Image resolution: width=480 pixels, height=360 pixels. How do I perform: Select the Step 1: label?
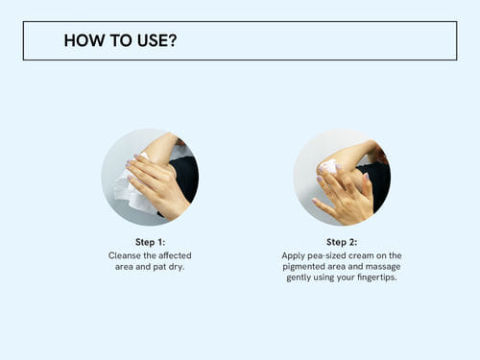click(x=150, y=242)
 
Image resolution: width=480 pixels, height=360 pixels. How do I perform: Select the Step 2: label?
click(x=342, y=242)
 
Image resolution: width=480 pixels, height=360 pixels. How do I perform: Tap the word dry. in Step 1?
click(x=177, y=267)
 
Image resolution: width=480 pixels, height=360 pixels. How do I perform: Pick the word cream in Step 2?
click(x=369, y=255)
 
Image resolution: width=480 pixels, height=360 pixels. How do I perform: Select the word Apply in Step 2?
click(x=294, y=255)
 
